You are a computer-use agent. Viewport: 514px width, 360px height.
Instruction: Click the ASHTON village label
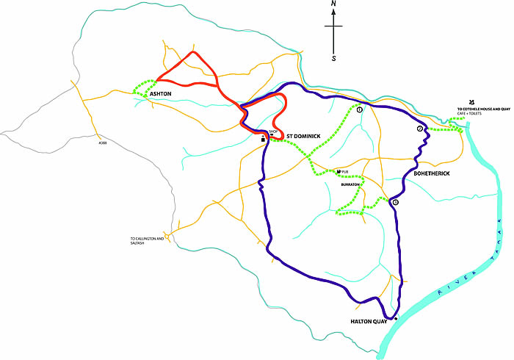coord(160,94)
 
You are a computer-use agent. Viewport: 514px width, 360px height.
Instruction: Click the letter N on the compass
coord(334,5)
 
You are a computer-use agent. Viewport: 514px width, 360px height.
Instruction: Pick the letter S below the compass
coord(334,57)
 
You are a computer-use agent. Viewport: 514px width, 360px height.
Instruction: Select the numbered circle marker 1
coord(360,110)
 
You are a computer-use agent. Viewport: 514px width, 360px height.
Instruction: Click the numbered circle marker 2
coord(420,129)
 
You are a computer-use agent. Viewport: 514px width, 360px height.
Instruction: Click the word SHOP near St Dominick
coord(274,132)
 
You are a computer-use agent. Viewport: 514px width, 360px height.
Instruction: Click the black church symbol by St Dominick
coord(263,137)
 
